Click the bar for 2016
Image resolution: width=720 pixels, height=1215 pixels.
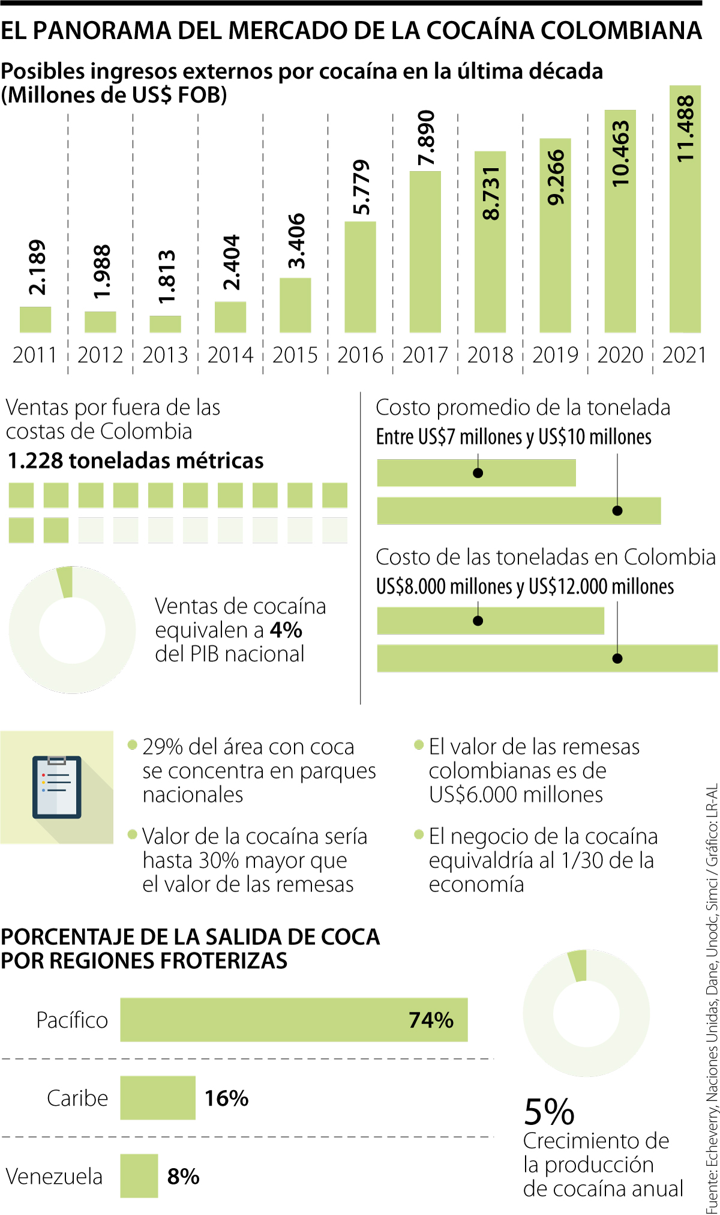click(360, 277)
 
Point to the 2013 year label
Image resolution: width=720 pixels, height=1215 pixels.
click(165, 355)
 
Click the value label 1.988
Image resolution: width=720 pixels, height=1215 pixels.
click(101, 271)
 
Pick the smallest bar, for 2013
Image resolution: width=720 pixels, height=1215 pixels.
click(165, 324)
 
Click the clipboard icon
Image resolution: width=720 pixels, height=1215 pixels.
click(57, 786)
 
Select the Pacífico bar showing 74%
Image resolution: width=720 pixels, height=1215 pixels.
click(293, 1020)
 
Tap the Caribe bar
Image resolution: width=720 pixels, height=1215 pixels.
click(158, 1098)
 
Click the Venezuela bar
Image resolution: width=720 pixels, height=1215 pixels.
click(139, 1176)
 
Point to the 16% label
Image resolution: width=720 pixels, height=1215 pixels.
click(226, 1098)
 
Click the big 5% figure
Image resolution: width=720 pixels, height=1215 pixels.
click(549, 1112)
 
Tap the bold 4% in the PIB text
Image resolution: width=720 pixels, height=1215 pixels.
click(286, 630)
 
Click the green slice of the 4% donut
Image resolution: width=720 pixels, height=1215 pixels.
click(65, 581)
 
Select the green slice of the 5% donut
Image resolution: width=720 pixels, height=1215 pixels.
click(578, 965)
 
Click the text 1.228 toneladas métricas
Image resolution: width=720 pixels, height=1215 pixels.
click(136, 460)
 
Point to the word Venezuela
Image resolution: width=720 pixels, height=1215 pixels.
click(54, 1176)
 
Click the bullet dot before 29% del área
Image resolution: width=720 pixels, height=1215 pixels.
click(133, 746)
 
